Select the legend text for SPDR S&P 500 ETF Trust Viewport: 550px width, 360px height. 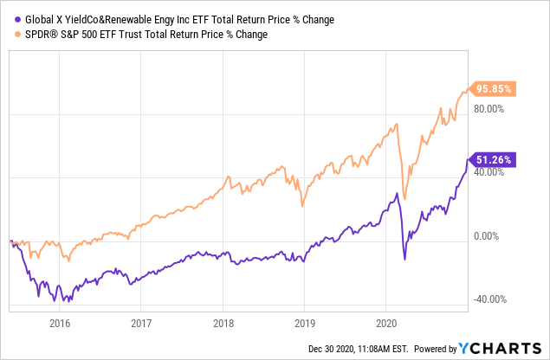[x=143, y=35]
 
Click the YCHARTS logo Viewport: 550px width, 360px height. [x=501, y=349]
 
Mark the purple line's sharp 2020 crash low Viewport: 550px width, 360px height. [x=404, y=259]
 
